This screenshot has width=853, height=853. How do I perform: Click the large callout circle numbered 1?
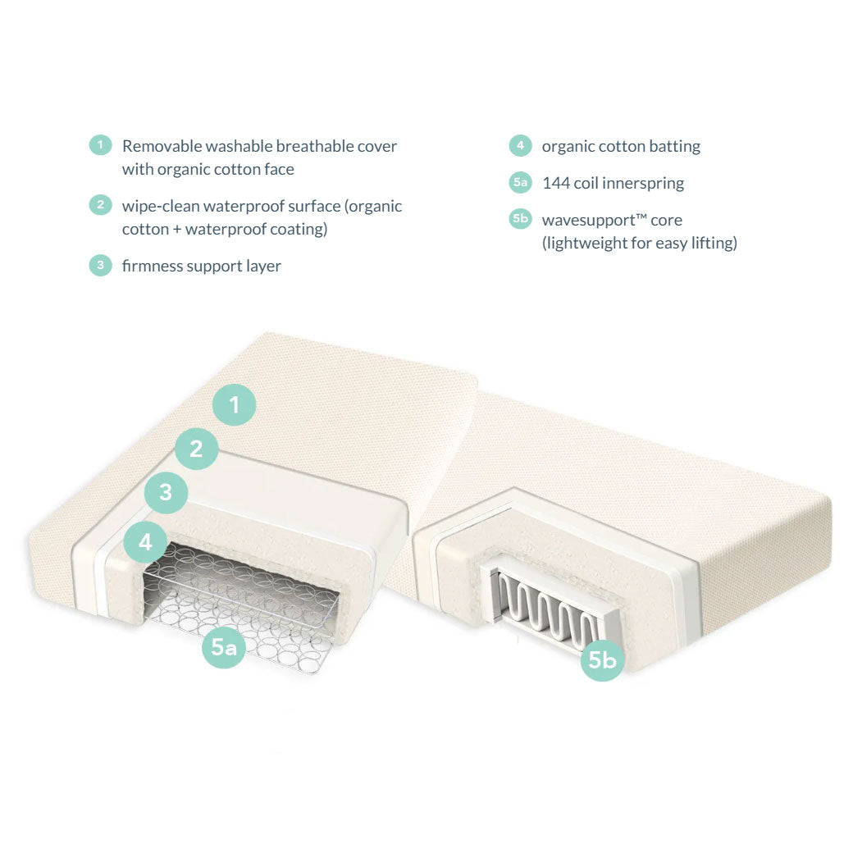tap(235, 404)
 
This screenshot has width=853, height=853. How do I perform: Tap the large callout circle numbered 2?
tap(196, 449)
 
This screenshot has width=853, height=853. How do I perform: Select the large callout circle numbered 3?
tap(166, 492)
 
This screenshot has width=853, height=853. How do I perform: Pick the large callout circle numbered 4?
tap(146, 542)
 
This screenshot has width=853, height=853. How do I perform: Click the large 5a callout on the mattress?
tap(224, 647)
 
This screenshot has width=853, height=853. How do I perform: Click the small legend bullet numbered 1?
tap(100, 146)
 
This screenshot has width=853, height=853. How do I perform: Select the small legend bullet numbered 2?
tap(100, 206)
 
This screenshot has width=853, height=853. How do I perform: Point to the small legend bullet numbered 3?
tap(100, 266)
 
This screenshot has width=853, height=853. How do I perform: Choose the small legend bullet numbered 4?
tap(520, 146)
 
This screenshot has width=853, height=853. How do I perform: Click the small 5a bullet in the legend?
tap(520, 183)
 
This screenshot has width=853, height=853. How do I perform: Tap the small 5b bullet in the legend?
tap(520, 220)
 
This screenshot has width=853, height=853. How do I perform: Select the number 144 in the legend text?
tap(556, 183)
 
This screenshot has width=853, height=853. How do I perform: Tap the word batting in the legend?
tap(674, 146)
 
